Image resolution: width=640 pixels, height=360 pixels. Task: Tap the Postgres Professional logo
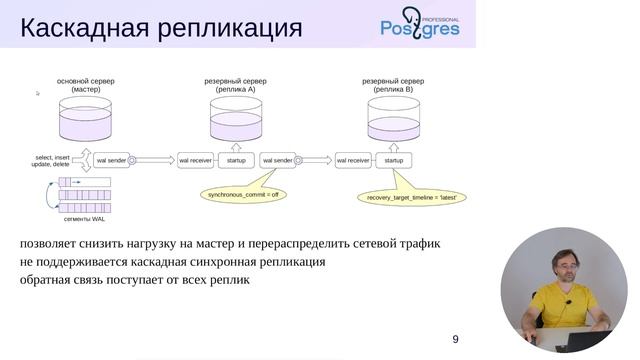pos(420,24)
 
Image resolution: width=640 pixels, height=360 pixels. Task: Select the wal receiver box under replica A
pos(195,159)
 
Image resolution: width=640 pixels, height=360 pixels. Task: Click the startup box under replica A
pos(236,159)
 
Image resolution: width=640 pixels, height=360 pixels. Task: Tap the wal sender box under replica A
pos(276,159)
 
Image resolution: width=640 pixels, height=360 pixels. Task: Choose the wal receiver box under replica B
pos(353,159)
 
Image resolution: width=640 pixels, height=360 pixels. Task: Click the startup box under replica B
pos(394,159)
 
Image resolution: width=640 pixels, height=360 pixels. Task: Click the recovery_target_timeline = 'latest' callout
pos(411,198)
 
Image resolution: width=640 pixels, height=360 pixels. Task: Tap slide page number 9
pos(456,339)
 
